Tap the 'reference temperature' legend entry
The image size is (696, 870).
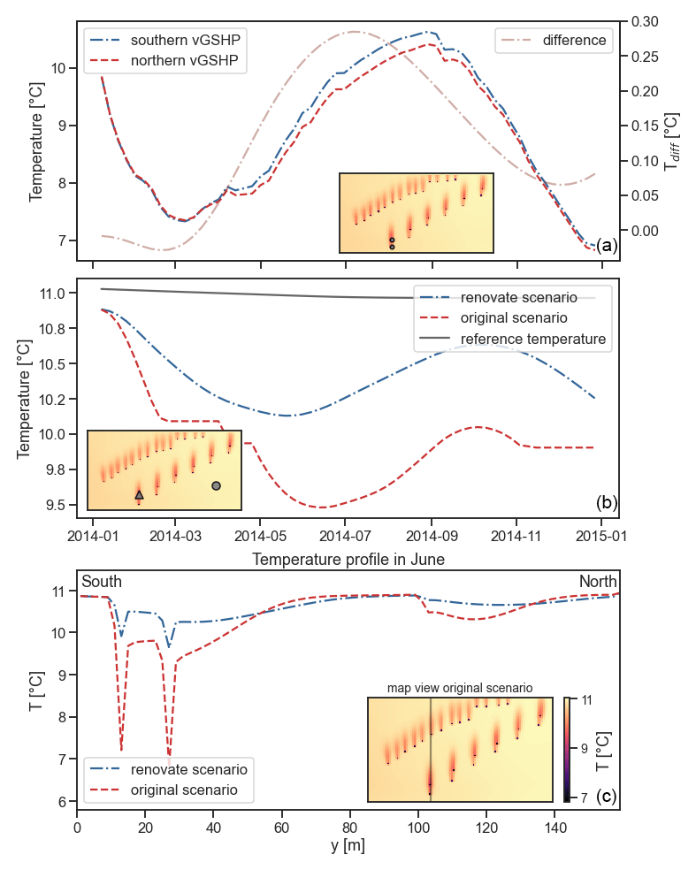532,339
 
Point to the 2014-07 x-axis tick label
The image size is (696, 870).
346,537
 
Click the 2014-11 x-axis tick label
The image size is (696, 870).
516,537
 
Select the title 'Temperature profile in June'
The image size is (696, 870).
348,559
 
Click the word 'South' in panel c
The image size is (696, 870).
102,582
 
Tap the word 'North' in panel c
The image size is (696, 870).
598,582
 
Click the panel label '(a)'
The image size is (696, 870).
607,245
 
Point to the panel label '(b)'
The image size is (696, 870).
607,503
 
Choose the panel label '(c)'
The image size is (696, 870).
607,797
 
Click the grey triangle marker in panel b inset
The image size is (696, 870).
139,496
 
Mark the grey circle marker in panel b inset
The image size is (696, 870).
216,485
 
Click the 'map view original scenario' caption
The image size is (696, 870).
460,688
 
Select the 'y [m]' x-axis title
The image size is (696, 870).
348,845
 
